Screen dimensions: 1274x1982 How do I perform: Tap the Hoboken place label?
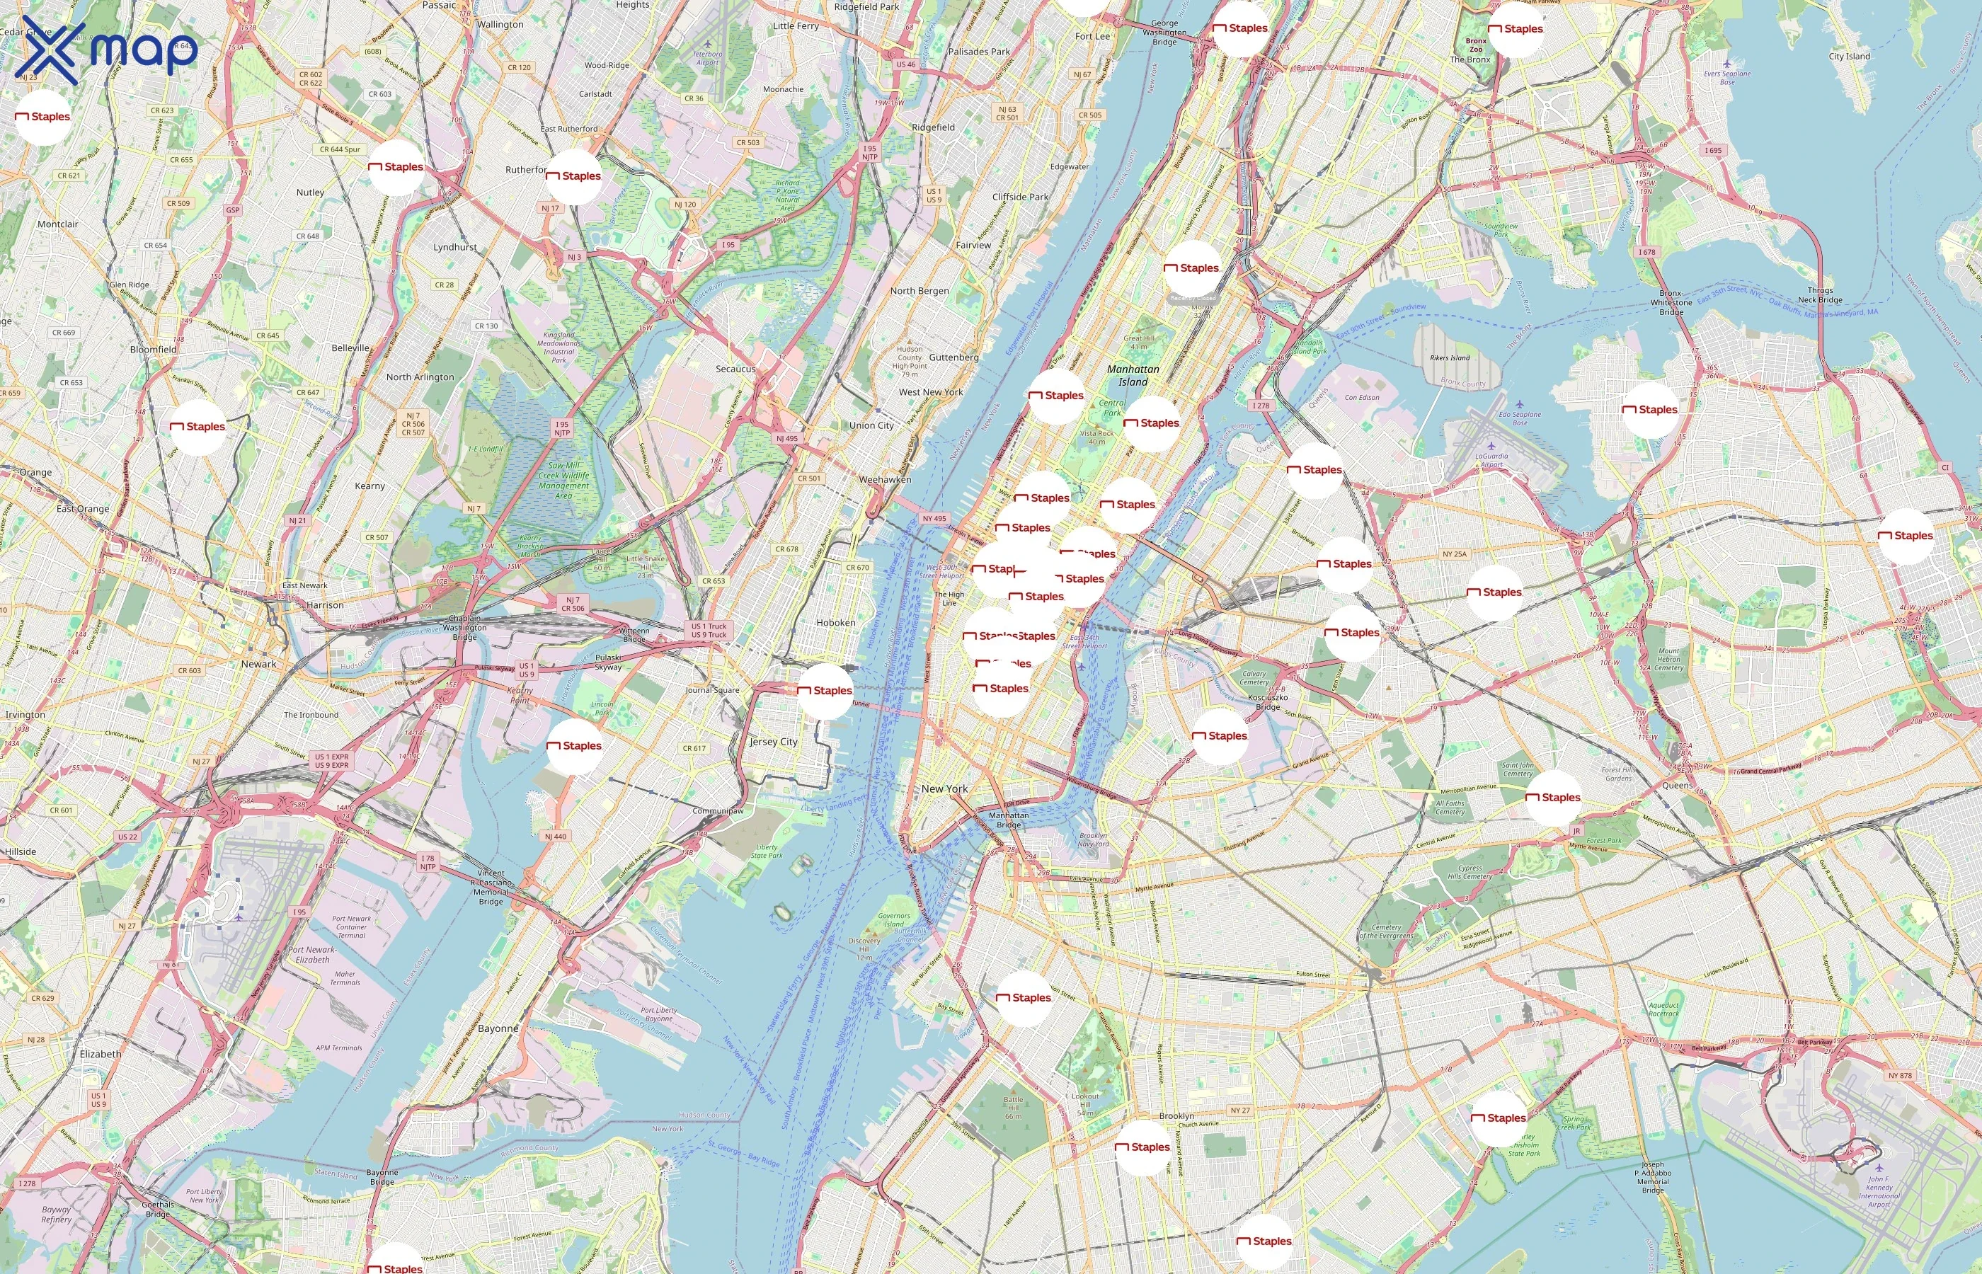click(x=835, y=623)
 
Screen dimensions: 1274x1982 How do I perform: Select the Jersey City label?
click(x=774, y=742)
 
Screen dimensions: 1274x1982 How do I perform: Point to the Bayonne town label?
click(x=498, y=1029)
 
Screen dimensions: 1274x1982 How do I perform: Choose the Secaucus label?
click(x=735, y=369)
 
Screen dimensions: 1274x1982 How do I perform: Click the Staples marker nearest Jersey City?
click(x=825, y=691)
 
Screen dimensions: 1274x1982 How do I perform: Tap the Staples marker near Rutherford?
click(x=574, y=176)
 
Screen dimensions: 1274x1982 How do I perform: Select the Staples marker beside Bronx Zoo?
click(x=1516, y=29)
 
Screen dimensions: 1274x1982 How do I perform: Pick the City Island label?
click(x=1849, y=56)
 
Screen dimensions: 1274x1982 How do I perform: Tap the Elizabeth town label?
click(x=100, y=1054)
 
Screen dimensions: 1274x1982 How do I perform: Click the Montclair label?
click(x=58, y=224)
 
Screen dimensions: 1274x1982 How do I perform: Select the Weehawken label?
click(x=885, y=480)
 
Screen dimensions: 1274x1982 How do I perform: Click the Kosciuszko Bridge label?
click(x=1267, y=701)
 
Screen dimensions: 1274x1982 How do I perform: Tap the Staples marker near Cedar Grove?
click(x=43, y=117)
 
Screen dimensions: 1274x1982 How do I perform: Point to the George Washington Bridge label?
click(x=1164, y=33)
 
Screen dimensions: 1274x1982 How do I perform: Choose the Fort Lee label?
click(x=1092, y=36)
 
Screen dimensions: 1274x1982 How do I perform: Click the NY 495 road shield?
click(x=934, y=519)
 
